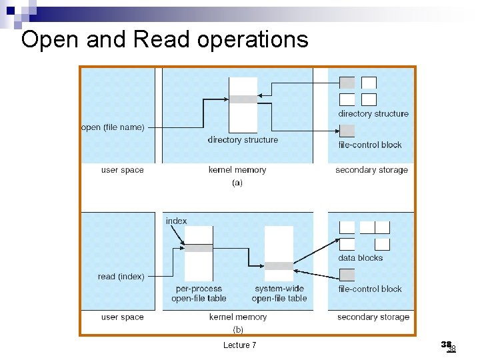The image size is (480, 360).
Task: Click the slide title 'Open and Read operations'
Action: click(x=165, y=40)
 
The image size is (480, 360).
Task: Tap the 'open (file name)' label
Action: click(x=112, y=127)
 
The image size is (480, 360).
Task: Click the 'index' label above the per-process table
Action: click(x=176, y=221)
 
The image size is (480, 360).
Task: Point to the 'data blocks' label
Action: click(x=361, y=258)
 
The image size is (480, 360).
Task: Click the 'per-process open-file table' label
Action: click(x=199, y=294)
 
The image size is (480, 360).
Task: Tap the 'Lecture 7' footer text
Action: click(x=240, y=345)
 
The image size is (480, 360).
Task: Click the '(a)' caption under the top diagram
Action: click(x=237, y=183)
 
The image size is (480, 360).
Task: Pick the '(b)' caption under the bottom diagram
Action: click(x=238, y=329)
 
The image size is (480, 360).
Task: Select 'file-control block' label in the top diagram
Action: click(x=370, y=145)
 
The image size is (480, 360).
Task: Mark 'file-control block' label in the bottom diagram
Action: click(x=370, y=289)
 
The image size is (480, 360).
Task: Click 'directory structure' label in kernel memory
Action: click(x=243, y=140)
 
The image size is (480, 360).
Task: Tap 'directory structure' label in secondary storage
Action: click(x=373, y=114)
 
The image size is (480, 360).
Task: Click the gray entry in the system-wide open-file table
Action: click(x=279, y=266)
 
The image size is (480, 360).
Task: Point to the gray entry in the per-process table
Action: click(x=199, y=248)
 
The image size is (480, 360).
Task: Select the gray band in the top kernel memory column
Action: click(x=243, y=99)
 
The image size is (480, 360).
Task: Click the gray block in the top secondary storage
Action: click(x=347, y=83)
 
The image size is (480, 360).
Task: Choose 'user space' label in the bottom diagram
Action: click(x=122, y=317)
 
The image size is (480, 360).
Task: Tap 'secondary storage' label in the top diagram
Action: click(x=371, y=170)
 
